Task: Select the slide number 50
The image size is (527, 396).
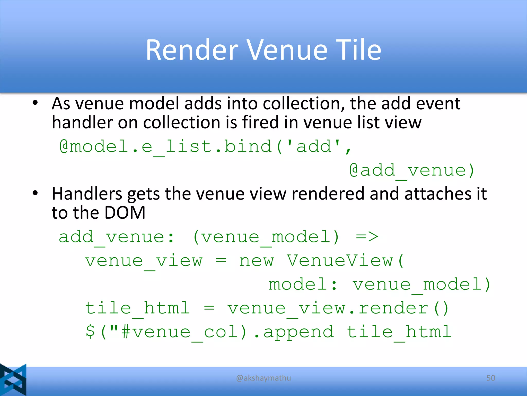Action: (x=491, y=378)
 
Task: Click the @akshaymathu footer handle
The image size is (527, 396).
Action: (x=263, y=378)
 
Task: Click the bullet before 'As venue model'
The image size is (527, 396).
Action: (x=35, y=103)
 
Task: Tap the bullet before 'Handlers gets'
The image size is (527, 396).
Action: (x=35, y=193)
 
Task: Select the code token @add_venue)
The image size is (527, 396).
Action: (x=412, y=171)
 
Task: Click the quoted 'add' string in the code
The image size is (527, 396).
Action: (x=314, y=146)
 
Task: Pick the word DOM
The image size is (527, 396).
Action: (x=125, y=213)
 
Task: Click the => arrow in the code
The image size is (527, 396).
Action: (x=367, y=237)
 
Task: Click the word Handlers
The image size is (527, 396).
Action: (x=87, y=194)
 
